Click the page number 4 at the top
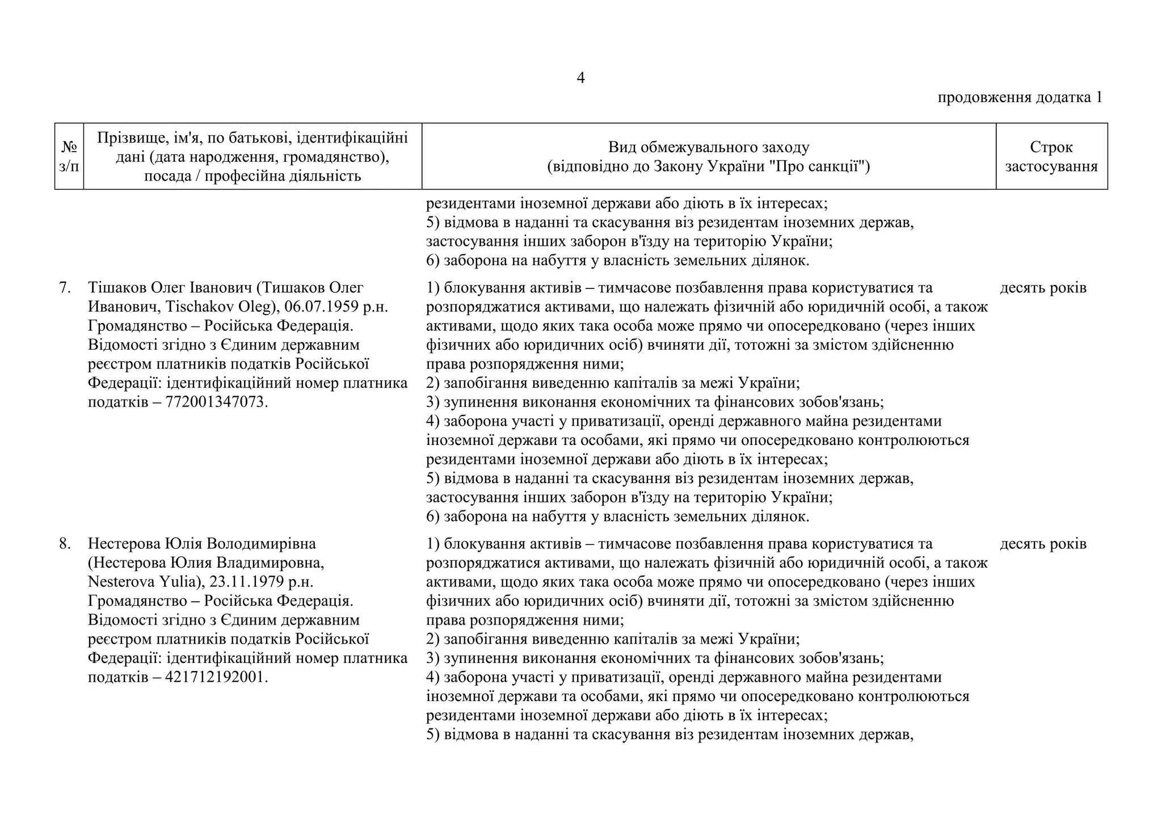point(580,78)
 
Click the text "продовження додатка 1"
point(1020,98)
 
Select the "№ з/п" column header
point(69,157)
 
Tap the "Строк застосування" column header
point(1051,157)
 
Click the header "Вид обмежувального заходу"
point(708,148)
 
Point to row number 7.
point(65,288)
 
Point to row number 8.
point(65,544)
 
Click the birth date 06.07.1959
point(321,307)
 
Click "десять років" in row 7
point(1043,288)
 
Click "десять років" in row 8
point(1043,544)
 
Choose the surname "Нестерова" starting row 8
point(124,544)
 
